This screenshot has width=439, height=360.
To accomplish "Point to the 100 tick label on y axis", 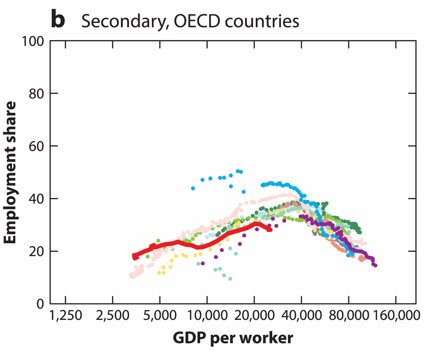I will pyautogui.click(x=33, y=41).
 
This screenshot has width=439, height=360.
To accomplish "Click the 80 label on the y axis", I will pyautogui.click(x=36, y=94).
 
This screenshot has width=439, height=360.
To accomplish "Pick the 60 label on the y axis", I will pyautogui.click(x=36, y=146).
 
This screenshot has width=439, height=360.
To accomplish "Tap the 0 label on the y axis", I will pyautogui.click(x=40, y=304).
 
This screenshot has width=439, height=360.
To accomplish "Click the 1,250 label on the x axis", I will pyautogui.click(x=65, y=316).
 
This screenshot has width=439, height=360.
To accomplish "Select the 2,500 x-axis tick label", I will pyautogui.click(x=112, y=316).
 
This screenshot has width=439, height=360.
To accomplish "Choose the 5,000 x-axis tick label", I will pyautogui.click(x=160, y=316).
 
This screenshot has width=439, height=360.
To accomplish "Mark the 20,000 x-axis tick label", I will pyautogui.click(x=254, y=316).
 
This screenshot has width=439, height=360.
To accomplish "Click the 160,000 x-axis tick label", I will pyautogui.click(x=396, y=316).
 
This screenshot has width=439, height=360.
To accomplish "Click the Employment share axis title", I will pyautogui.click(x=10, y=172).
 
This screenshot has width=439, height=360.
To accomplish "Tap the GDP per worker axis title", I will pyautogui.click(x=233, y=338).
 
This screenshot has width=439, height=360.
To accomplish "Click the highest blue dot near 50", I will pyautogui.click(x=238, y=171).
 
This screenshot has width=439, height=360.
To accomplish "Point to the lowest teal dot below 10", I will pyautogui.click(x=230, y=279).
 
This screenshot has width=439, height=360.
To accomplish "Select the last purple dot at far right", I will pyautogui.click(x=375, y=265).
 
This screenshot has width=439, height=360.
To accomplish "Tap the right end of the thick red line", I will pyautogui.click(x=270, y=230).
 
